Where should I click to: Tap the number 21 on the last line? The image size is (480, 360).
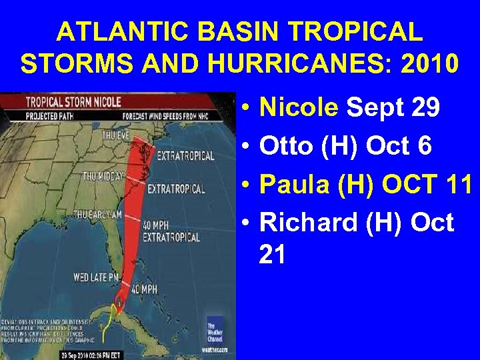click(272, 253)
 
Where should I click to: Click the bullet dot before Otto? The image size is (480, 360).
click(247, 145)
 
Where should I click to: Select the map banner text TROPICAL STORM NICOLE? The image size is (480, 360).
click(73, 102)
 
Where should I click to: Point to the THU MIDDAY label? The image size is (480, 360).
click(101, 177)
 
